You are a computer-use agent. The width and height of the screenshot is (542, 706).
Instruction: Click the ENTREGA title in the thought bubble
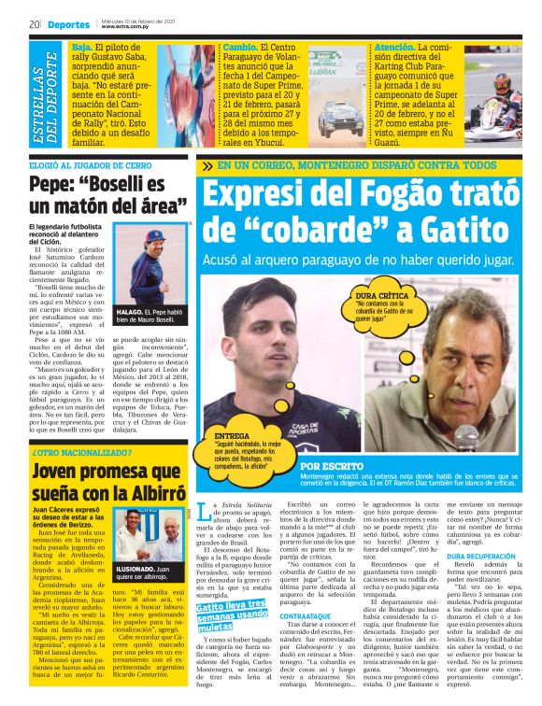(232, 436)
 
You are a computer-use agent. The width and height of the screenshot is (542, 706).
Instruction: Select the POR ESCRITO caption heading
(330, 465)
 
